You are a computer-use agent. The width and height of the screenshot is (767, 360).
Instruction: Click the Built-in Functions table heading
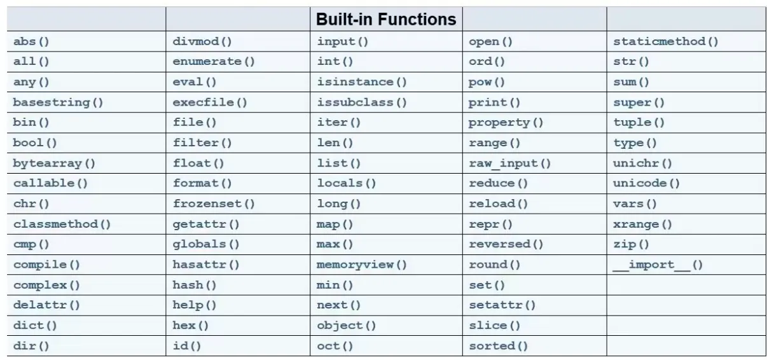[386, 19]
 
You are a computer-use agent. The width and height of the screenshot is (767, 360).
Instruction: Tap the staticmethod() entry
[666, 41]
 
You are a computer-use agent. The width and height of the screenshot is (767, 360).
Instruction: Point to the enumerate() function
[214, 61]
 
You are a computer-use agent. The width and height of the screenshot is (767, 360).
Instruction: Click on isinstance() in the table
[362, 82]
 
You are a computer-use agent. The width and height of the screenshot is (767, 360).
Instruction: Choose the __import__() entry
[658, 265]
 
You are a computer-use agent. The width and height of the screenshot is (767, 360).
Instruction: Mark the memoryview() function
[362, 265]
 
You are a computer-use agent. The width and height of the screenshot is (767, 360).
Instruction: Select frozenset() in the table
[214, 204]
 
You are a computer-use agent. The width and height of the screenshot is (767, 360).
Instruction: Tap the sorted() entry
[498, 346]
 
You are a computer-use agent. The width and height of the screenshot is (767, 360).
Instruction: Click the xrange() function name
[643, 225]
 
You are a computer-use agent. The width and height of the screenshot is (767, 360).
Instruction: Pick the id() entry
[186, 346]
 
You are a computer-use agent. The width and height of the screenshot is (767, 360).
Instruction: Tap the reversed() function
[506, 244]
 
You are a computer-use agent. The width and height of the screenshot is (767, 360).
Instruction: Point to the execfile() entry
[210, 102]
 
